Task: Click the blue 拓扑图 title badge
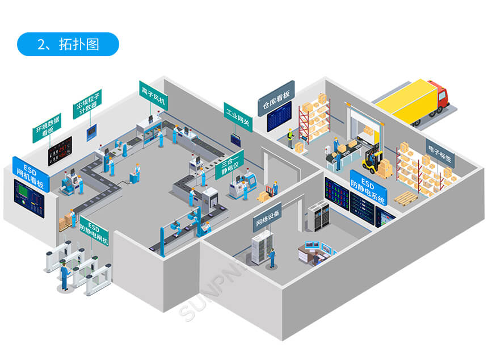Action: point(68,44)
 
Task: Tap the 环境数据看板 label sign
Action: point(47,128)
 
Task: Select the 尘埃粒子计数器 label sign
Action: point(87,104)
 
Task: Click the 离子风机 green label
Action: point(153,95)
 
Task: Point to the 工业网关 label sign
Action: point(238,117)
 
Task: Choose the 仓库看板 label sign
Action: point(276,98)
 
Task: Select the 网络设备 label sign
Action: point(267,217)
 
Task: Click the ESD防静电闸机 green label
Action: point(94,231)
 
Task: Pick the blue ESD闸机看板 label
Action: point(31,174)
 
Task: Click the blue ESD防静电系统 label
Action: point(368,187)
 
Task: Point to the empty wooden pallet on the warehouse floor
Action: point(406,197)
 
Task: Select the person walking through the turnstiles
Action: point(65,275)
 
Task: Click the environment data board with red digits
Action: point(60,150)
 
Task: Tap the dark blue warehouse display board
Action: point(279,116)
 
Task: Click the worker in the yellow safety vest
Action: point(290,137)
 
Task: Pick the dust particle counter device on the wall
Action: point(91,132)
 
